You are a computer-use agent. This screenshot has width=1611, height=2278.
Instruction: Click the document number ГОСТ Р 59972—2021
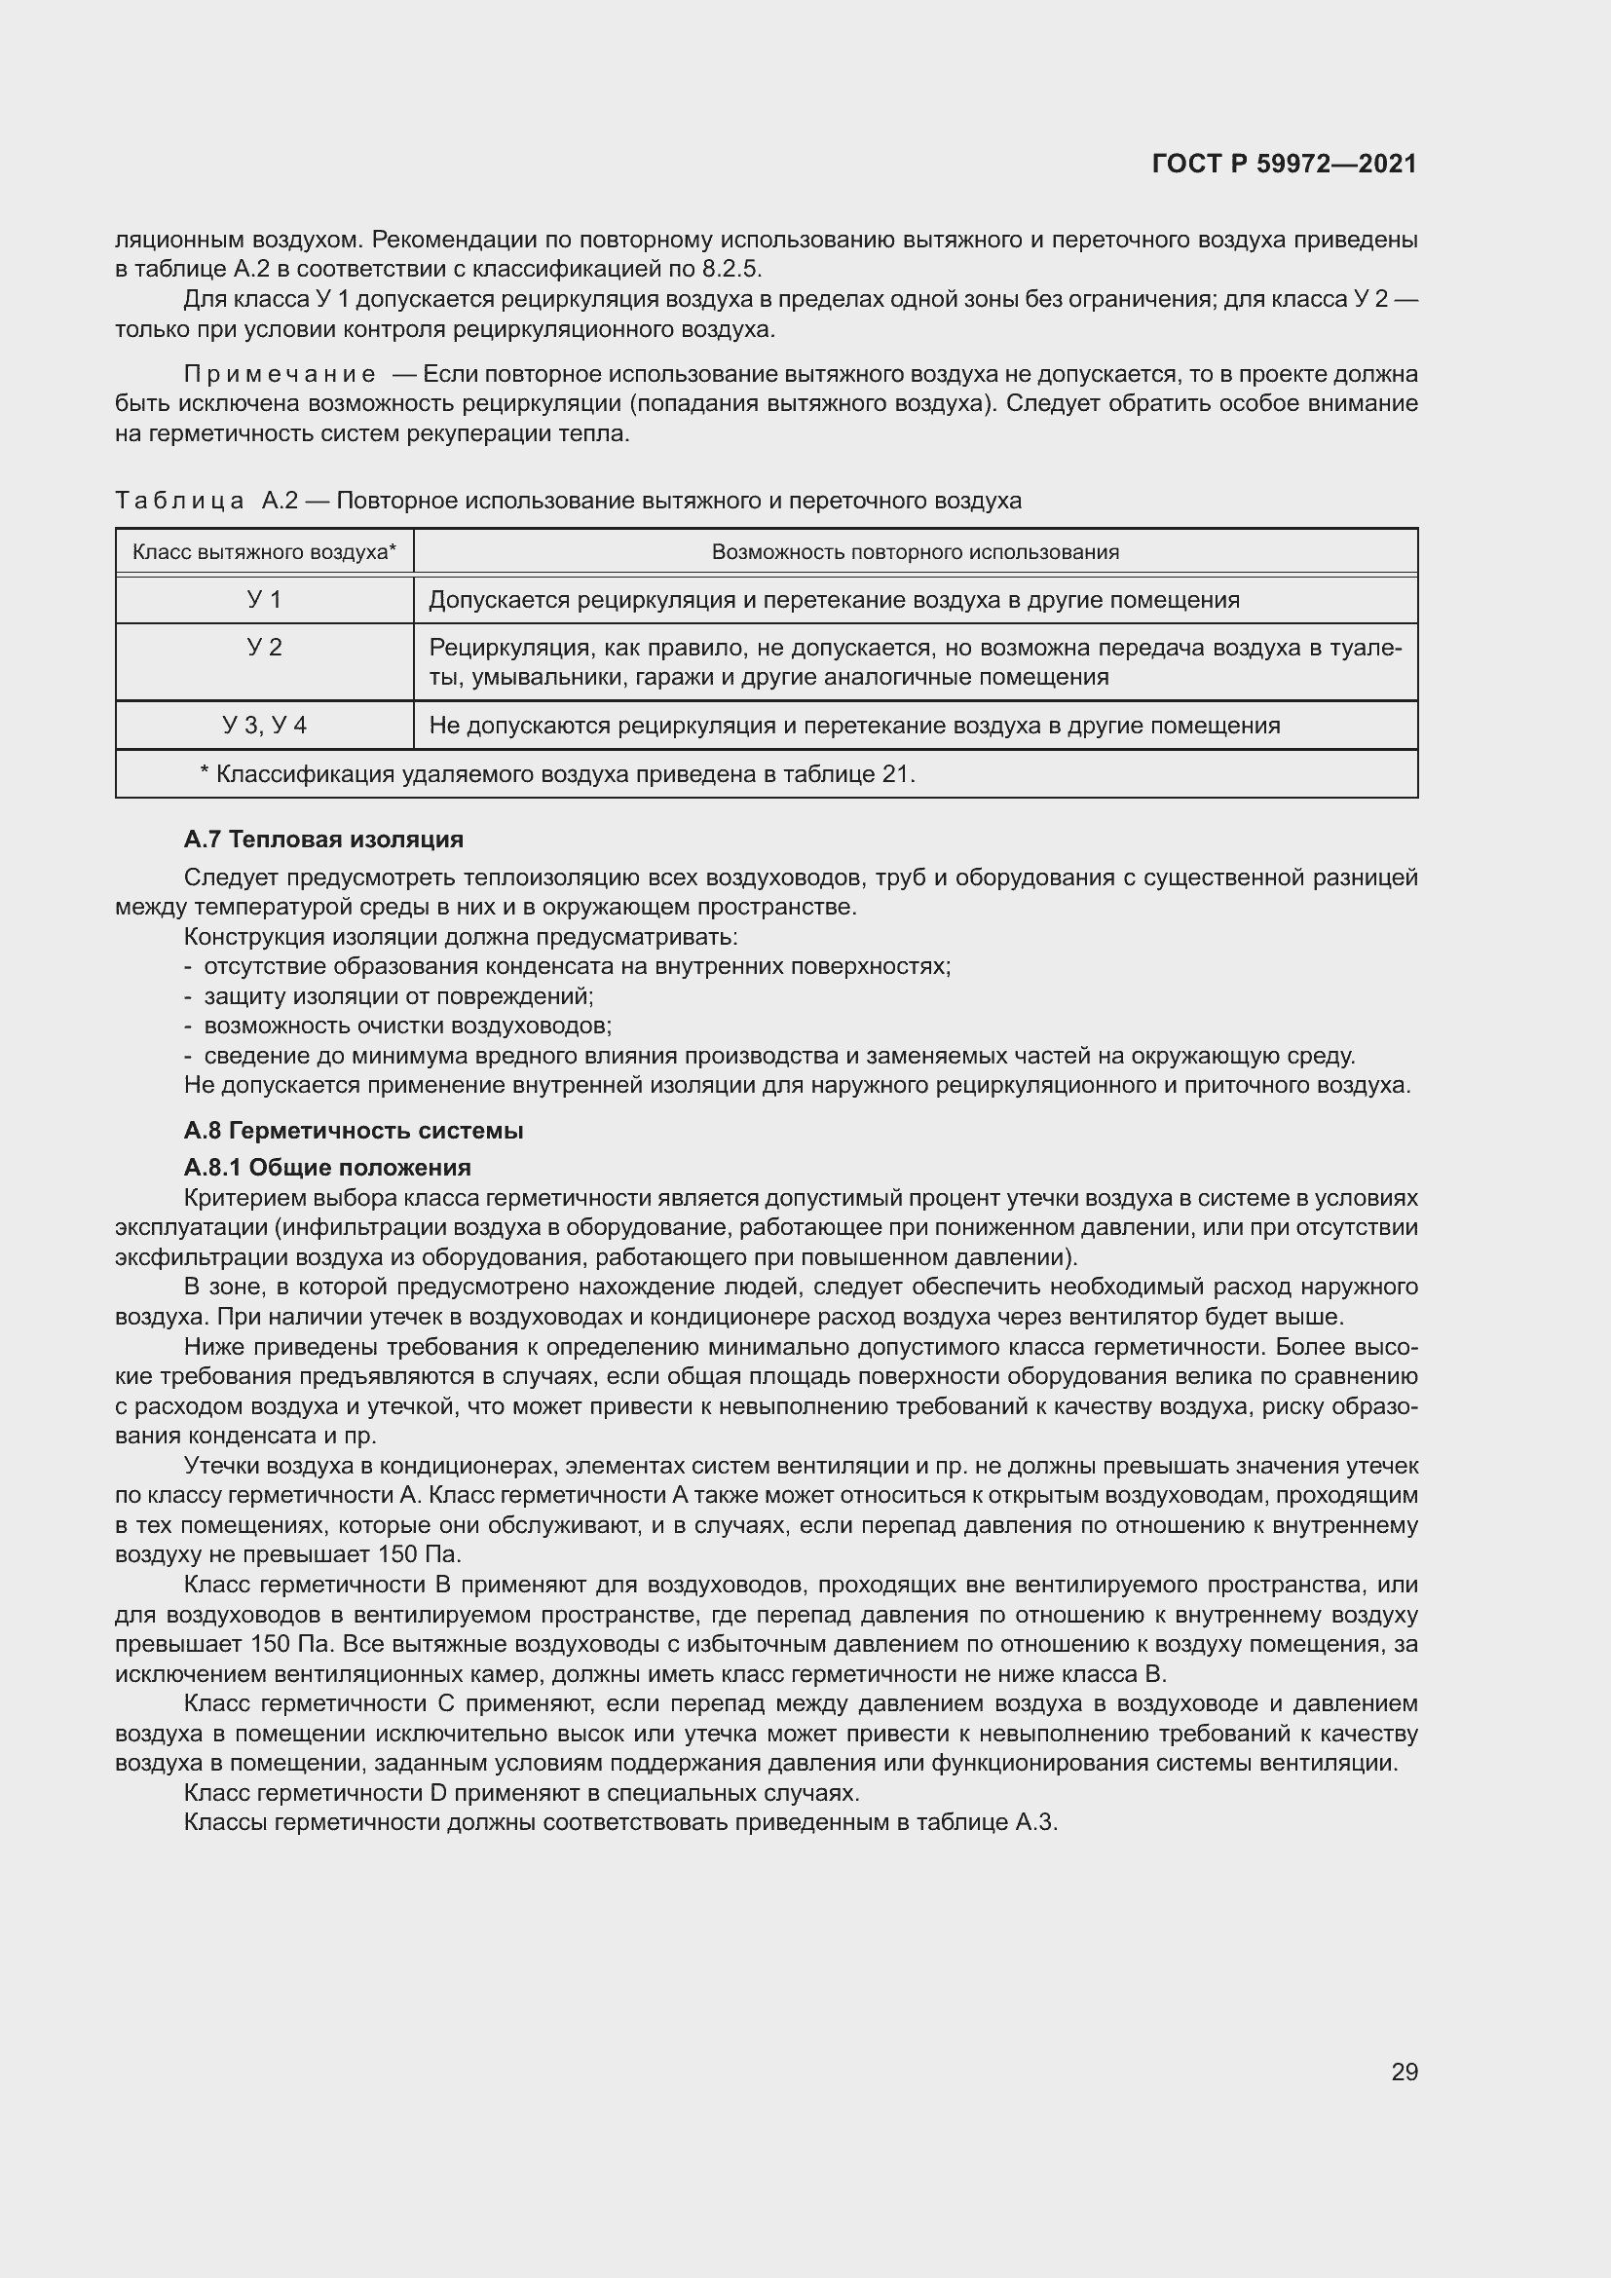(1284, 164)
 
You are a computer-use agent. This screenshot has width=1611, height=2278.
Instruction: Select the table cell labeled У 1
(264, 599)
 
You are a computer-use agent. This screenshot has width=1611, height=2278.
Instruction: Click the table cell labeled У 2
(264, 648)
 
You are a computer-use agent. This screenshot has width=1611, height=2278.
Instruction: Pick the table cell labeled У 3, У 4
(264, 726)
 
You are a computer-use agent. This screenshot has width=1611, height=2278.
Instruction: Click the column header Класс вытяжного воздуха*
(264, 551)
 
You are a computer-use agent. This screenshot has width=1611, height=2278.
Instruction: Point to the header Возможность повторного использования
(915, 551)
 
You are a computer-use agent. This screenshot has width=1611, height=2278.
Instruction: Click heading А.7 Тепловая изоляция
(323, 840)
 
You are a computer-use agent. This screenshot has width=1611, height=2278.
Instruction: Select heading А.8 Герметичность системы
(354, 1131)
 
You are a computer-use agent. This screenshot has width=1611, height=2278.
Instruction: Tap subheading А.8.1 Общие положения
(327, 1167)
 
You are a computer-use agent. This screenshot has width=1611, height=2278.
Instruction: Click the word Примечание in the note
(280, 375)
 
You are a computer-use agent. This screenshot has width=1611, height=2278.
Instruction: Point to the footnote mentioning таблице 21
(557, 774)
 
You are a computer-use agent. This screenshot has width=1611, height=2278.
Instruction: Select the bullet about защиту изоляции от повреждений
(396, 996)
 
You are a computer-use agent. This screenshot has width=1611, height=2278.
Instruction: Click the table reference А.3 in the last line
(1035, 1822)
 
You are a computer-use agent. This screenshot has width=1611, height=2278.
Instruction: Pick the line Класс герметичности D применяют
(521, 1793)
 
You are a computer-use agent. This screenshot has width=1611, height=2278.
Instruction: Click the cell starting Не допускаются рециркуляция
(853, 726)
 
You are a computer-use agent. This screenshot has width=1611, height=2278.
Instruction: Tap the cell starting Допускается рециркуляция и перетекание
(834, 599)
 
